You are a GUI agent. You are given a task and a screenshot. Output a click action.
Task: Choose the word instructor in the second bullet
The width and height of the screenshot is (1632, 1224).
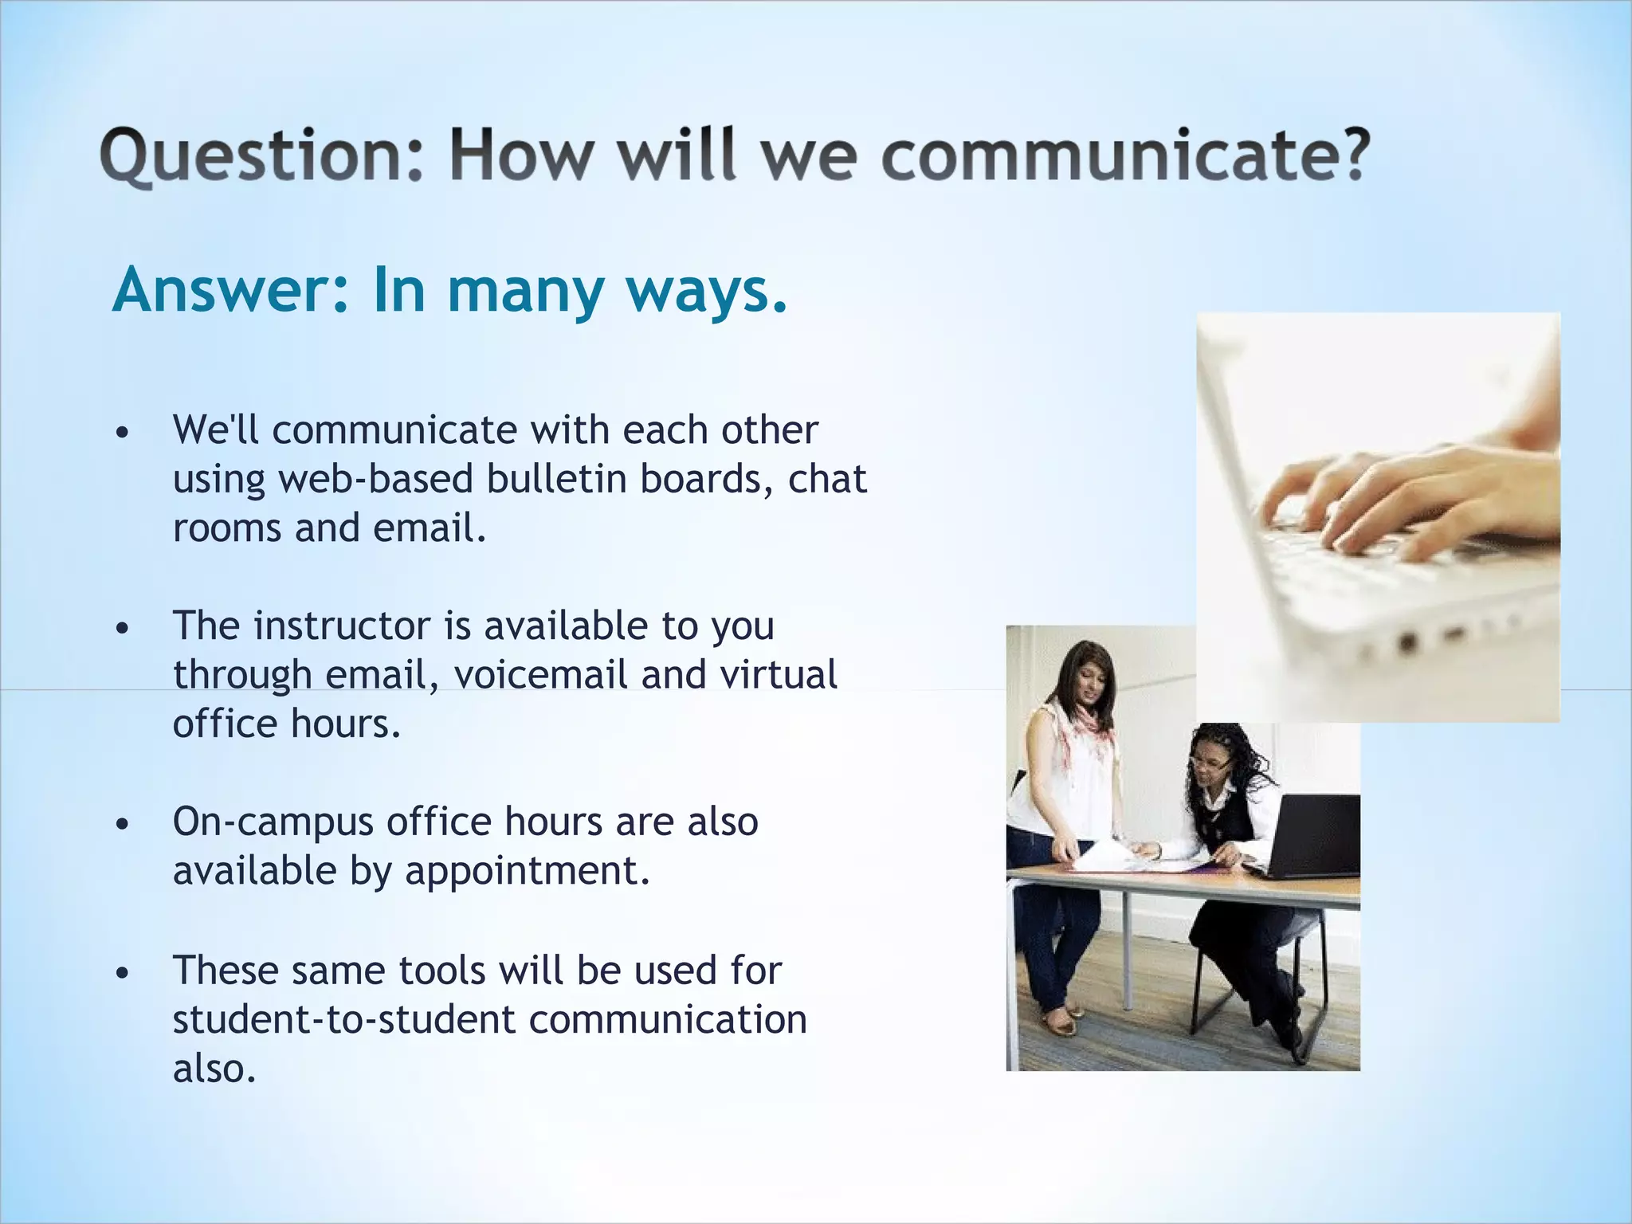tap(342, 626)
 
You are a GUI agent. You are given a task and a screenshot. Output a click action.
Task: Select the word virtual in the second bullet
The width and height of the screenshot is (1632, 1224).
tap(778, 675)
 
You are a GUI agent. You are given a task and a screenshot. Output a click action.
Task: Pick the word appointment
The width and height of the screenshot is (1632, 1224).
tap(527, 871)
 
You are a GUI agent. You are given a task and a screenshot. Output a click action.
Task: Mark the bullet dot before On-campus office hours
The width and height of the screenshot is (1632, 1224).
tap(121, 825)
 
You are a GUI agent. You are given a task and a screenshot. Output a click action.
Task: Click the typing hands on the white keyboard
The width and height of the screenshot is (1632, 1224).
tap(1402, 502)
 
